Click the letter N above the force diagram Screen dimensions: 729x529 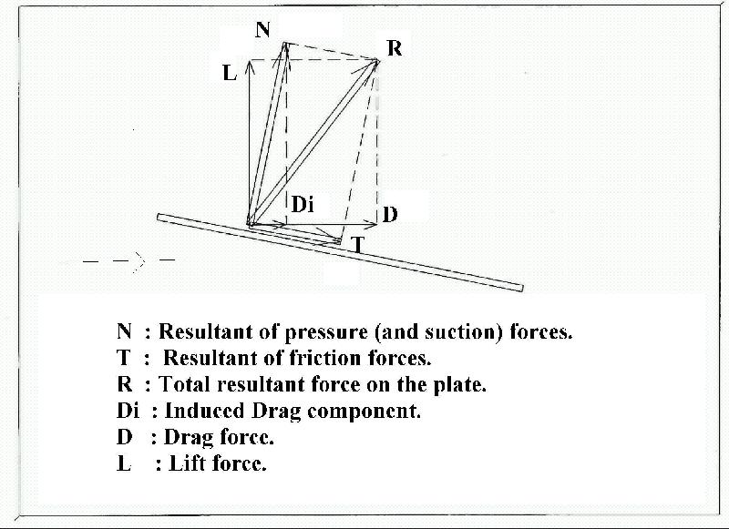coord(262,30)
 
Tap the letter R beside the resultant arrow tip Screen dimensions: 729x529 coord(395,48)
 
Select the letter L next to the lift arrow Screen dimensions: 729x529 coord(230,73)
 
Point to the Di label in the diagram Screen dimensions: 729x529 coord(303,204)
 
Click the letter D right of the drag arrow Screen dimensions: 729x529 coord(391,215)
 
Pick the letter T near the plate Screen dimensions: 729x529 coord(357,245)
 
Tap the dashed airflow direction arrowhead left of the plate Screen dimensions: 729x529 coord(139,261)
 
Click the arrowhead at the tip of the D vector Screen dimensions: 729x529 coord(375,226)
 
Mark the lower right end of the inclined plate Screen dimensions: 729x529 coord(521,289)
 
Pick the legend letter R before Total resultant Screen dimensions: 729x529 coord(124,384)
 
